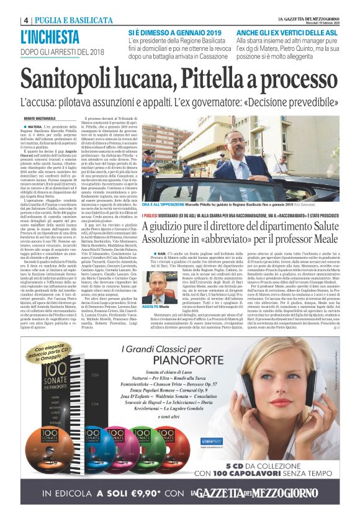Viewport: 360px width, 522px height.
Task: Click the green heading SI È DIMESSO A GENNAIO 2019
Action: pos(172,31)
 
